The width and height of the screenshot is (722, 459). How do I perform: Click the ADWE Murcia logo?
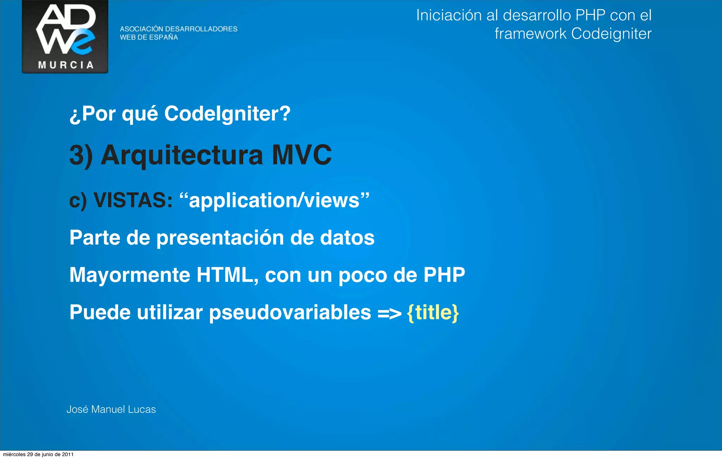(x=65, y=36)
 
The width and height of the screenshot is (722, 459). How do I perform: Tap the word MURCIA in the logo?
(x=66, y=65)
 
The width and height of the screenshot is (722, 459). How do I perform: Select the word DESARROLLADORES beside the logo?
(x=201, y=29)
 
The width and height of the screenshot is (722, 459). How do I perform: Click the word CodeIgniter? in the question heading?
(x=227, y=114)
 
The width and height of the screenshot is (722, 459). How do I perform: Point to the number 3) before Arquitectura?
(x=81, y=155)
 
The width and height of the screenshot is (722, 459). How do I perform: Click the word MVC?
(x=301, y=155)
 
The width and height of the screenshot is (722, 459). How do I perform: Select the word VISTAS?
(x=133, y=200)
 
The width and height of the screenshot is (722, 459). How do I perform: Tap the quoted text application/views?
(x=274, y=200)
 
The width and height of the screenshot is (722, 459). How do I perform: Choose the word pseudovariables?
(x=290, y=313)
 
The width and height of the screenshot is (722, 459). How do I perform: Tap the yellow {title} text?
(x=433, y=313)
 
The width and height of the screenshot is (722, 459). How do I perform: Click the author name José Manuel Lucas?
(x=111, y=409)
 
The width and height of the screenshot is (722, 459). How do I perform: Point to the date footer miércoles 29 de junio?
(x=38, y=454)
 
